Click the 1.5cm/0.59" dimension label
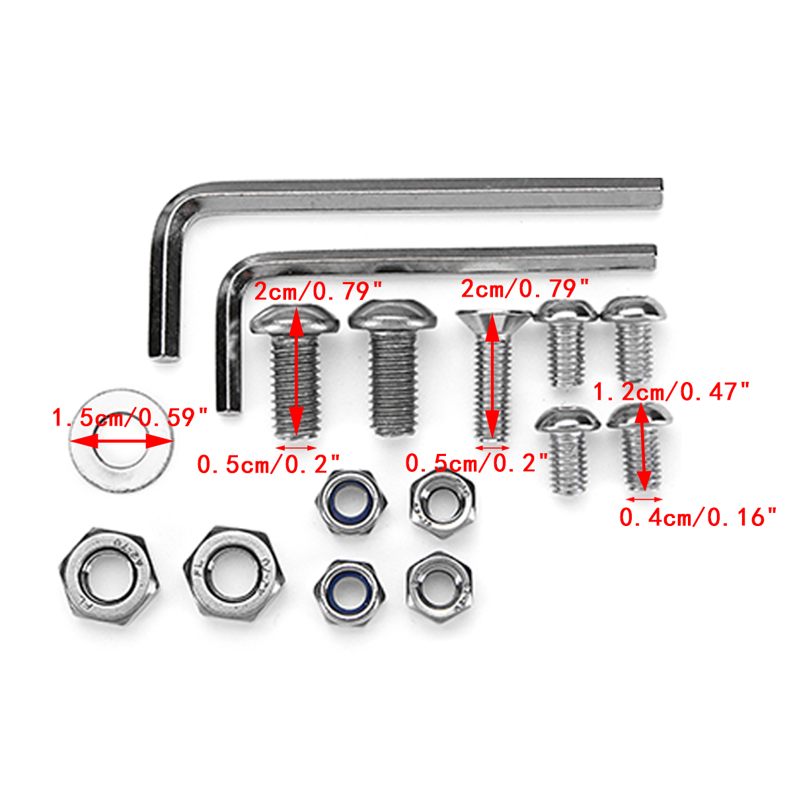click(x=130, y=418)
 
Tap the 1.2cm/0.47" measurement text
click(x=671, y=392)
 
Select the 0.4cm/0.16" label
click(x=697, y=517)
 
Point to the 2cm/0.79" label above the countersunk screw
click(x=524, y=289)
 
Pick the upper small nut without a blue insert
click(x=441, y=503)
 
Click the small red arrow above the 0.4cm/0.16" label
click(x=644, y=500)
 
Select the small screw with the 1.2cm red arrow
click(x=640, y=449)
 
